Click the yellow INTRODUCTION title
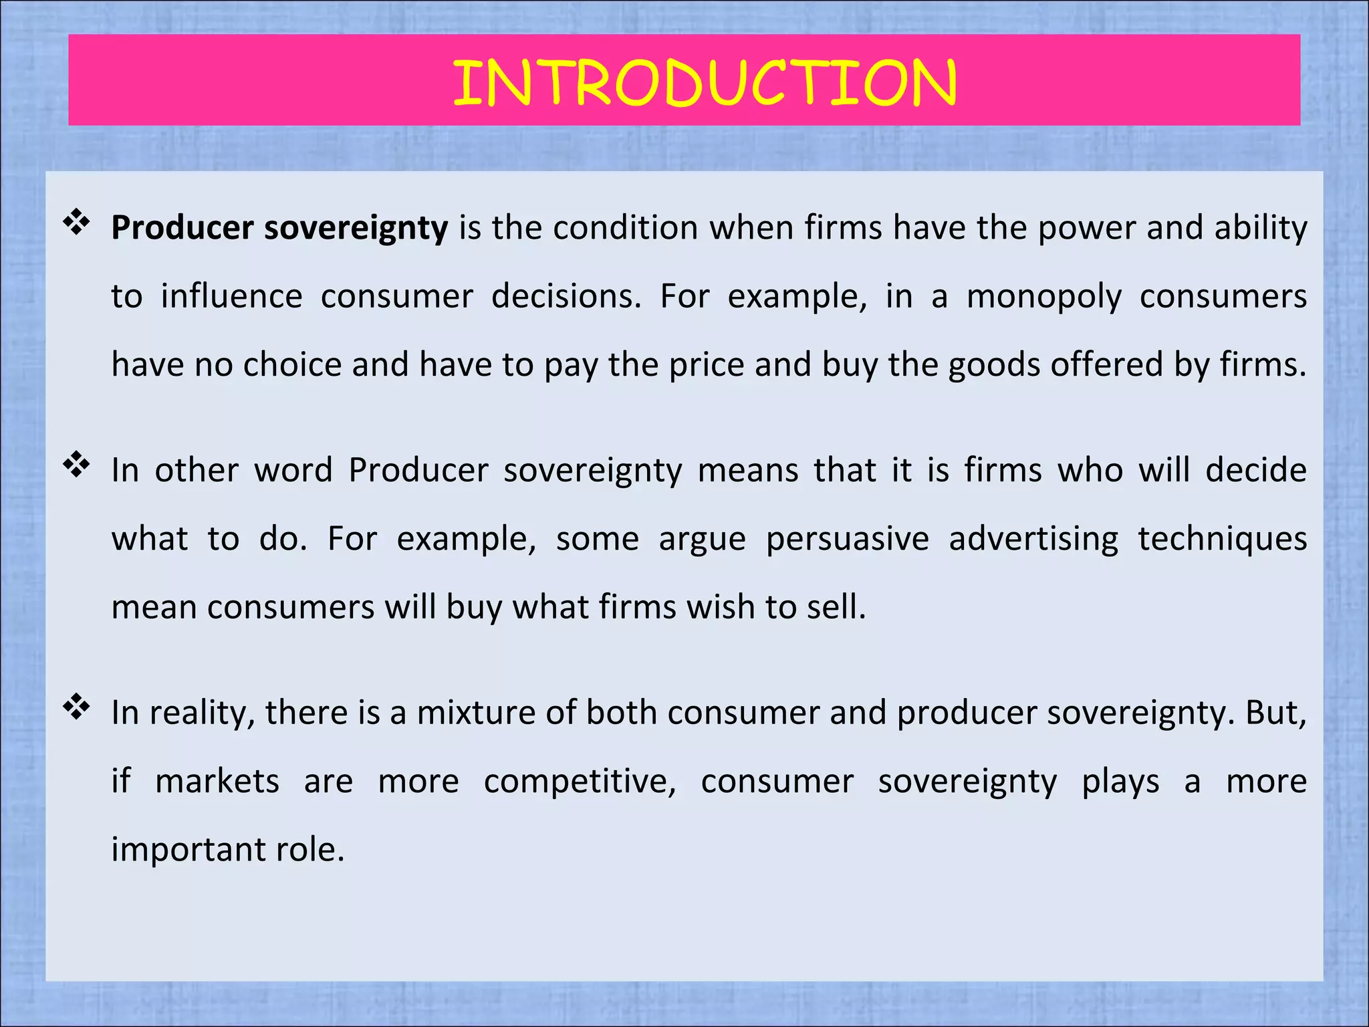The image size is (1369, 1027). pos(705,83)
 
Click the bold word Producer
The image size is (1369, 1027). pos(182,227)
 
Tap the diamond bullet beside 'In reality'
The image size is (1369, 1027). pos(77,707)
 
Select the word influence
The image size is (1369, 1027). pos(231,296)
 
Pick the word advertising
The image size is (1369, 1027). pos(1033,539)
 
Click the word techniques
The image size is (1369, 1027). pos(1222,539)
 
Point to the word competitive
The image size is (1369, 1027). pos(579,782)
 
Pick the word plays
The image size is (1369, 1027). pos(1120,782)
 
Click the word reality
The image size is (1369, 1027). pos(201,713)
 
